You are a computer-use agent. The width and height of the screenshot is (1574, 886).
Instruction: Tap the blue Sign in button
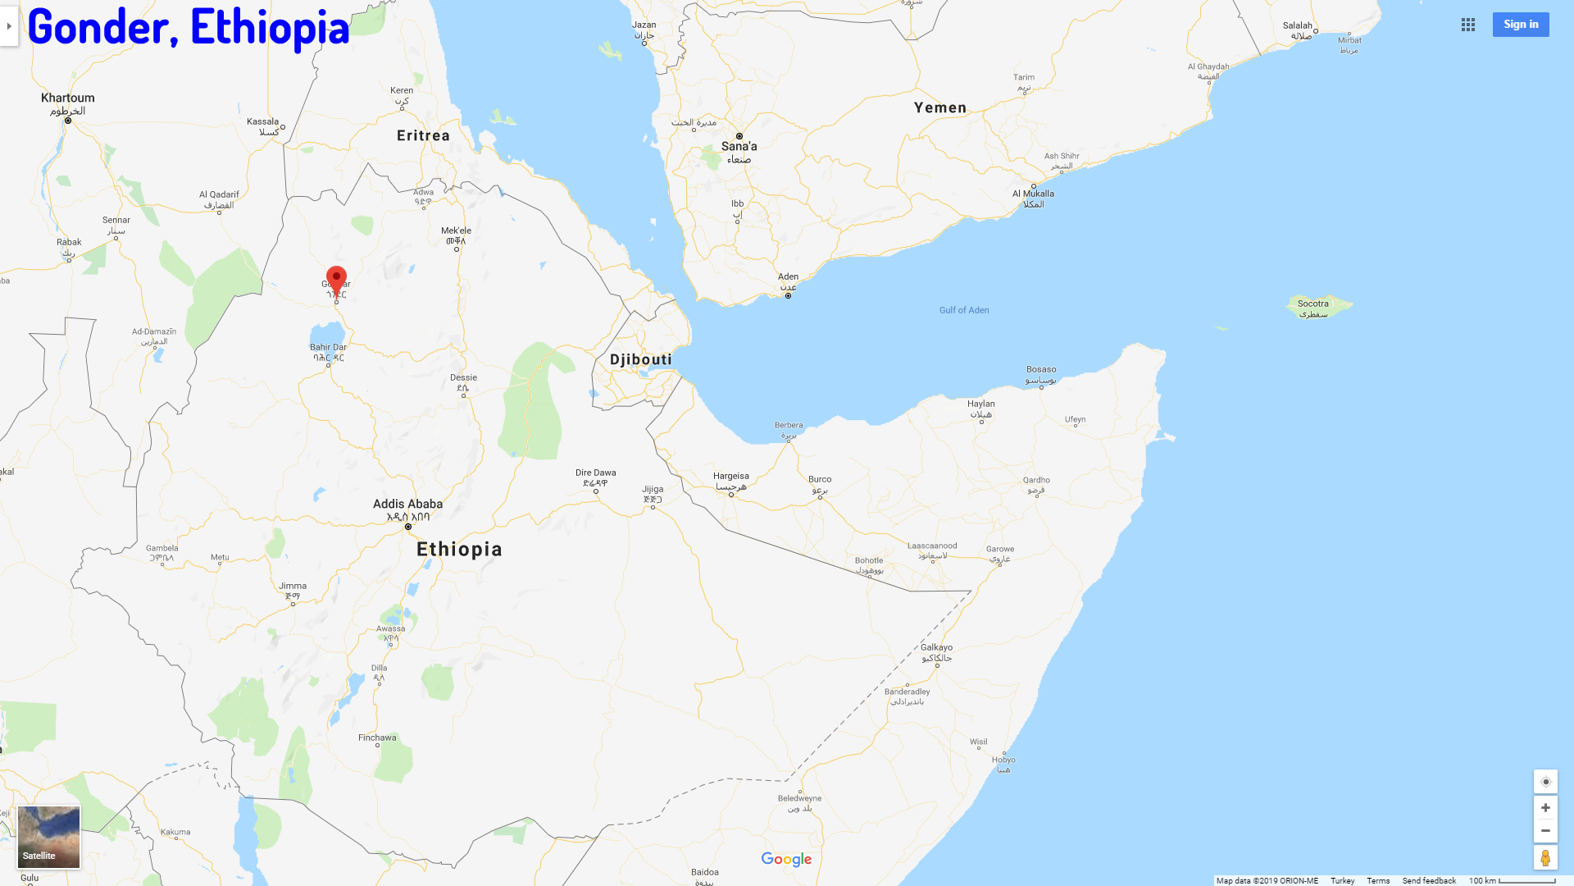click(1520, 25)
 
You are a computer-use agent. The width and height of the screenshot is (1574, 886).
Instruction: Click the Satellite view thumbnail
click(49, 837)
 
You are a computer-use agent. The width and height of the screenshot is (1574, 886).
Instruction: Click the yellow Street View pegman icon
click(1544, 858)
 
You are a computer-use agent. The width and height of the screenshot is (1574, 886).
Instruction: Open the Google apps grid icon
click(1467, 25)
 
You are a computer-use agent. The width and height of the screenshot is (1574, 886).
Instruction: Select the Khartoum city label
click(67, 98)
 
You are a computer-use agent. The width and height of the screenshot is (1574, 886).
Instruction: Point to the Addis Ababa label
click(407, 505)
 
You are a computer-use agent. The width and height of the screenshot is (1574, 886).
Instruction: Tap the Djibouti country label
click(640, 360)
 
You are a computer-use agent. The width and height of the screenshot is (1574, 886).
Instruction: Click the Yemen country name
click(939, 108)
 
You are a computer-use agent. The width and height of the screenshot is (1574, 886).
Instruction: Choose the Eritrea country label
click(423, 136)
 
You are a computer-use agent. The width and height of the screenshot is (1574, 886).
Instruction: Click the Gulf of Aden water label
click(963, 310)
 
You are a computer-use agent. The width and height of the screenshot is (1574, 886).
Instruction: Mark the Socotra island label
click(1312, 304)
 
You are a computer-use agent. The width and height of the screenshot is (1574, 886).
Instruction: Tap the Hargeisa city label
click(730, 477)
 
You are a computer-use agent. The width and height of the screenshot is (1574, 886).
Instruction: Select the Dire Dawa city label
click(595, 473)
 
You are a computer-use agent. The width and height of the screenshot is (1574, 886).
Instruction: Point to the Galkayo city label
click(936, 648)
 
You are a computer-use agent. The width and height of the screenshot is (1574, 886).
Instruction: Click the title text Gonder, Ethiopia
click(189, 27)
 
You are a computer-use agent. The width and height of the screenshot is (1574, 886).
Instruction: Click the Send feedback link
click(1428, 881)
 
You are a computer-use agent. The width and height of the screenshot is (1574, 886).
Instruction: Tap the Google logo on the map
click(785, 859)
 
